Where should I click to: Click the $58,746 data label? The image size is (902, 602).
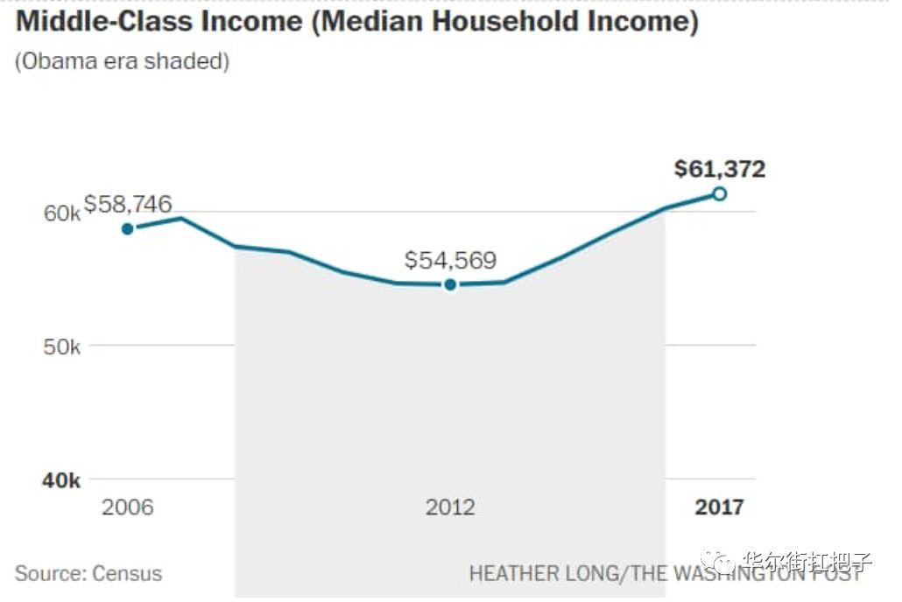click(128, 205)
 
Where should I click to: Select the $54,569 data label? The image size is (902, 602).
click(450, 260)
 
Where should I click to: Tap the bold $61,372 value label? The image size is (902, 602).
click(719, 169)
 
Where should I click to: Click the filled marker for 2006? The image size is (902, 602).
click(128, 228)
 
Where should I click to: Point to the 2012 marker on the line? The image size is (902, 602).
click(450, 284)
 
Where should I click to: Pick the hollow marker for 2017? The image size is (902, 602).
click(719, 193)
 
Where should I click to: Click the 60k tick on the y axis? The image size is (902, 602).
click(62, 213)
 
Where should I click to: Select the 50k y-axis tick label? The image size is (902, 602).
click(62, 347)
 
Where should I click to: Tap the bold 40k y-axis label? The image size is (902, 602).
click(62, 481)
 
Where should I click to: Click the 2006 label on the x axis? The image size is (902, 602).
click(128, 507)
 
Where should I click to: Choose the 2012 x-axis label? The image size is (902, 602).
click(450, 507)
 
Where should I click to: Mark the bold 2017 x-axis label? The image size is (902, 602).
click(719, 507)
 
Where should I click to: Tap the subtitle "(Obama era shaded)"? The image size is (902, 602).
click(122, 62)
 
